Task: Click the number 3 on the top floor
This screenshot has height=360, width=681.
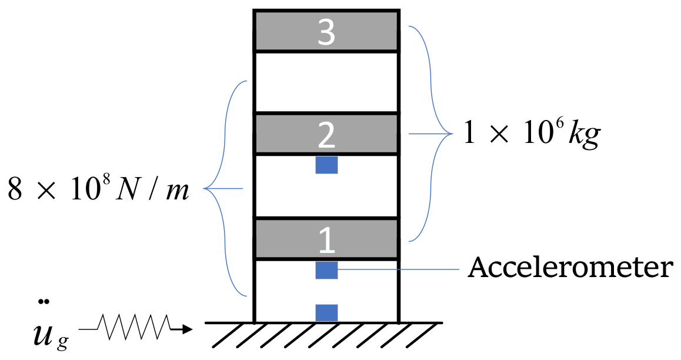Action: (326, 33)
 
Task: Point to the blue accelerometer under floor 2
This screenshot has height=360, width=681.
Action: (326, 165)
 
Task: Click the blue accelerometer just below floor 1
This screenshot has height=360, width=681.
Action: (326, 270)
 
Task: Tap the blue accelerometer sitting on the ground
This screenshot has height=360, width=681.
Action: (326, 312)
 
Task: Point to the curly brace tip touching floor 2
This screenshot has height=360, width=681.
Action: (410, 134)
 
